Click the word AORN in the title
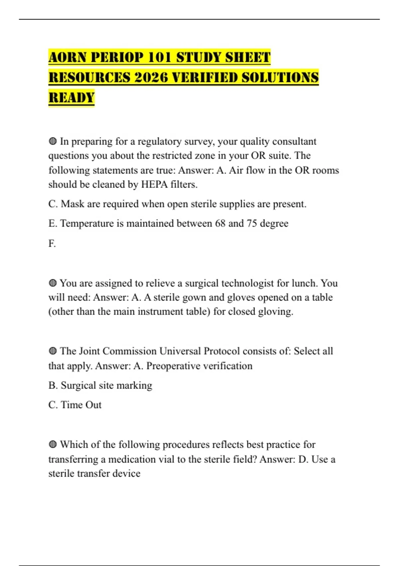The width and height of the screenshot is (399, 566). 67,57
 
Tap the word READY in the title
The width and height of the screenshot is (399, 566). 71,98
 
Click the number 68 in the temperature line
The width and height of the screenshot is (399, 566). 220,223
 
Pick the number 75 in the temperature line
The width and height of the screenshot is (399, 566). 252,223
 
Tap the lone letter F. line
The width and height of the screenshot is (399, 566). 52,243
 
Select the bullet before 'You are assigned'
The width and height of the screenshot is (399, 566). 53,283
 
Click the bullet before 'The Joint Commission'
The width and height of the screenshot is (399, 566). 53,351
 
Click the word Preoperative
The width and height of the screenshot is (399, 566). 173,366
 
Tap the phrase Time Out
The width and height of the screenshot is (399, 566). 81,405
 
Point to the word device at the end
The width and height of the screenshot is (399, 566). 126,473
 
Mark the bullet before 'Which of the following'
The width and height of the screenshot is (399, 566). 53,445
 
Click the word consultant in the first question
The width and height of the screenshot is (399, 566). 294,141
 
